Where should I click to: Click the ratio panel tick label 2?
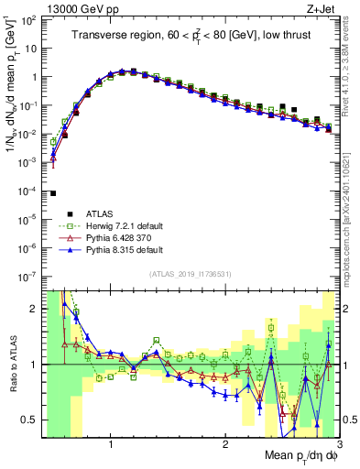click(32, 309)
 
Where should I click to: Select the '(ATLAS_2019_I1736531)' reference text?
click(190, 275)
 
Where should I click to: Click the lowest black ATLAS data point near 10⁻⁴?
click(53, 193)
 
